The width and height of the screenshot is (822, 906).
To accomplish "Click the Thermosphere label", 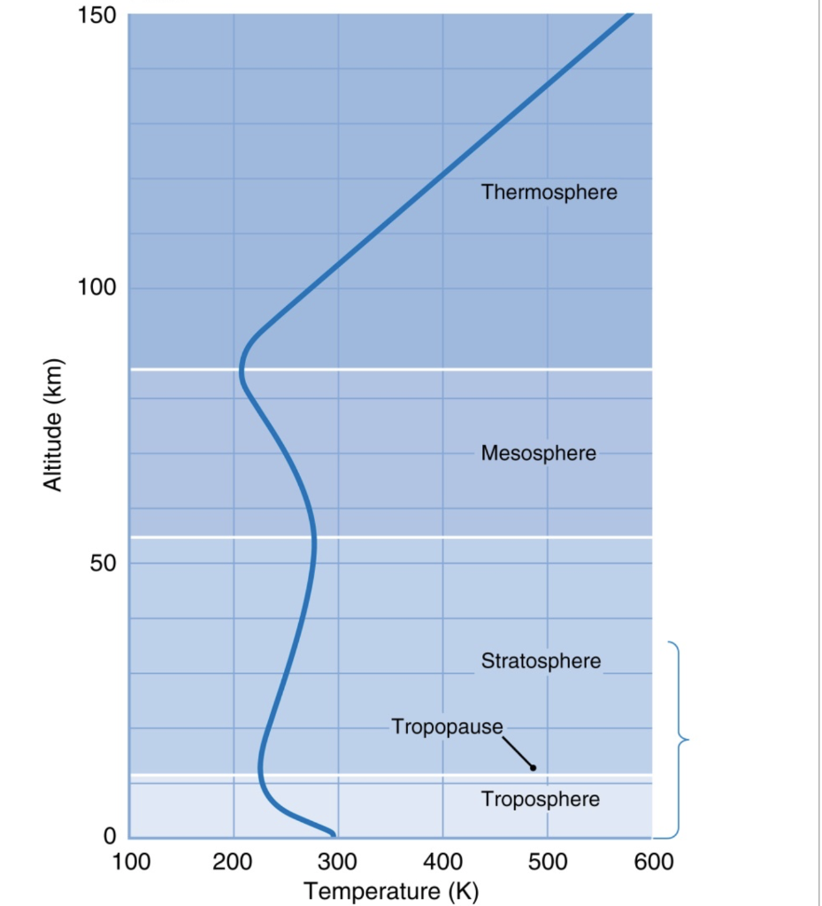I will click(549, 192).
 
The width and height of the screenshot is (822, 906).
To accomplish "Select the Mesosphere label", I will click(538, 454).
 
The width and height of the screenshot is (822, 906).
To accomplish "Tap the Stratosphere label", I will click(541, 661).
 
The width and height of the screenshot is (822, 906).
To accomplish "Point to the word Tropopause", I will click(447, 727).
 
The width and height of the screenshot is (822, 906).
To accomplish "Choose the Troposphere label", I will click(540, 800).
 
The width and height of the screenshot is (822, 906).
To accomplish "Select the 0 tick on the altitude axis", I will click(110, 836).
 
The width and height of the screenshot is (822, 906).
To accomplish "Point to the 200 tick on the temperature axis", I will click(234, 861).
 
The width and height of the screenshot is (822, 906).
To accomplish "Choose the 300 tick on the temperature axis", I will click(338, 861).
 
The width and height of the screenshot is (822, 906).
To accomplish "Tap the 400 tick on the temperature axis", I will click(442, 861).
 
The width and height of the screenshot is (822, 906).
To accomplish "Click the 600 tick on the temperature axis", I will click(651, 861).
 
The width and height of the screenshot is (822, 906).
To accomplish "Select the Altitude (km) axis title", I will click(55, 425).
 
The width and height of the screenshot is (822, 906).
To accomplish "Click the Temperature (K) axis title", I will click(390, 889).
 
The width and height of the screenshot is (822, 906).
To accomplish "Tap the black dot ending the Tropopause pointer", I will click(533, 767).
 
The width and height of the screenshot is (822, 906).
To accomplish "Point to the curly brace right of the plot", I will click(679, 739).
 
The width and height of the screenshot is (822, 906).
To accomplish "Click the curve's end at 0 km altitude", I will click(333, 833).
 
